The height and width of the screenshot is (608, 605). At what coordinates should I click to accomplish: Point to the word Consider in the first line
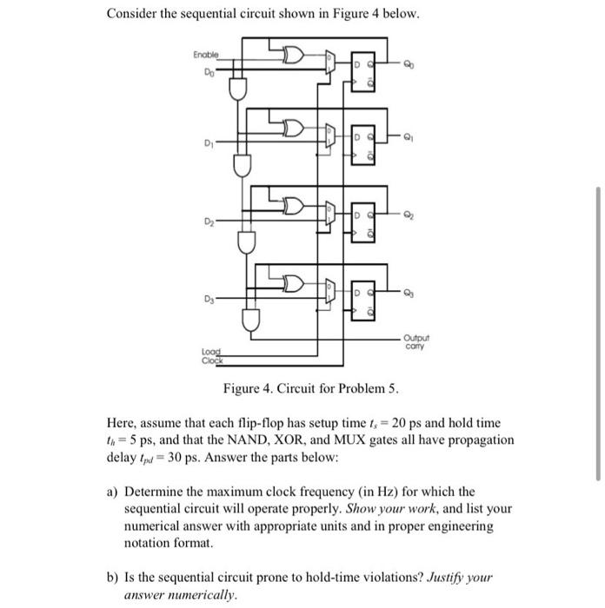132,15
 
